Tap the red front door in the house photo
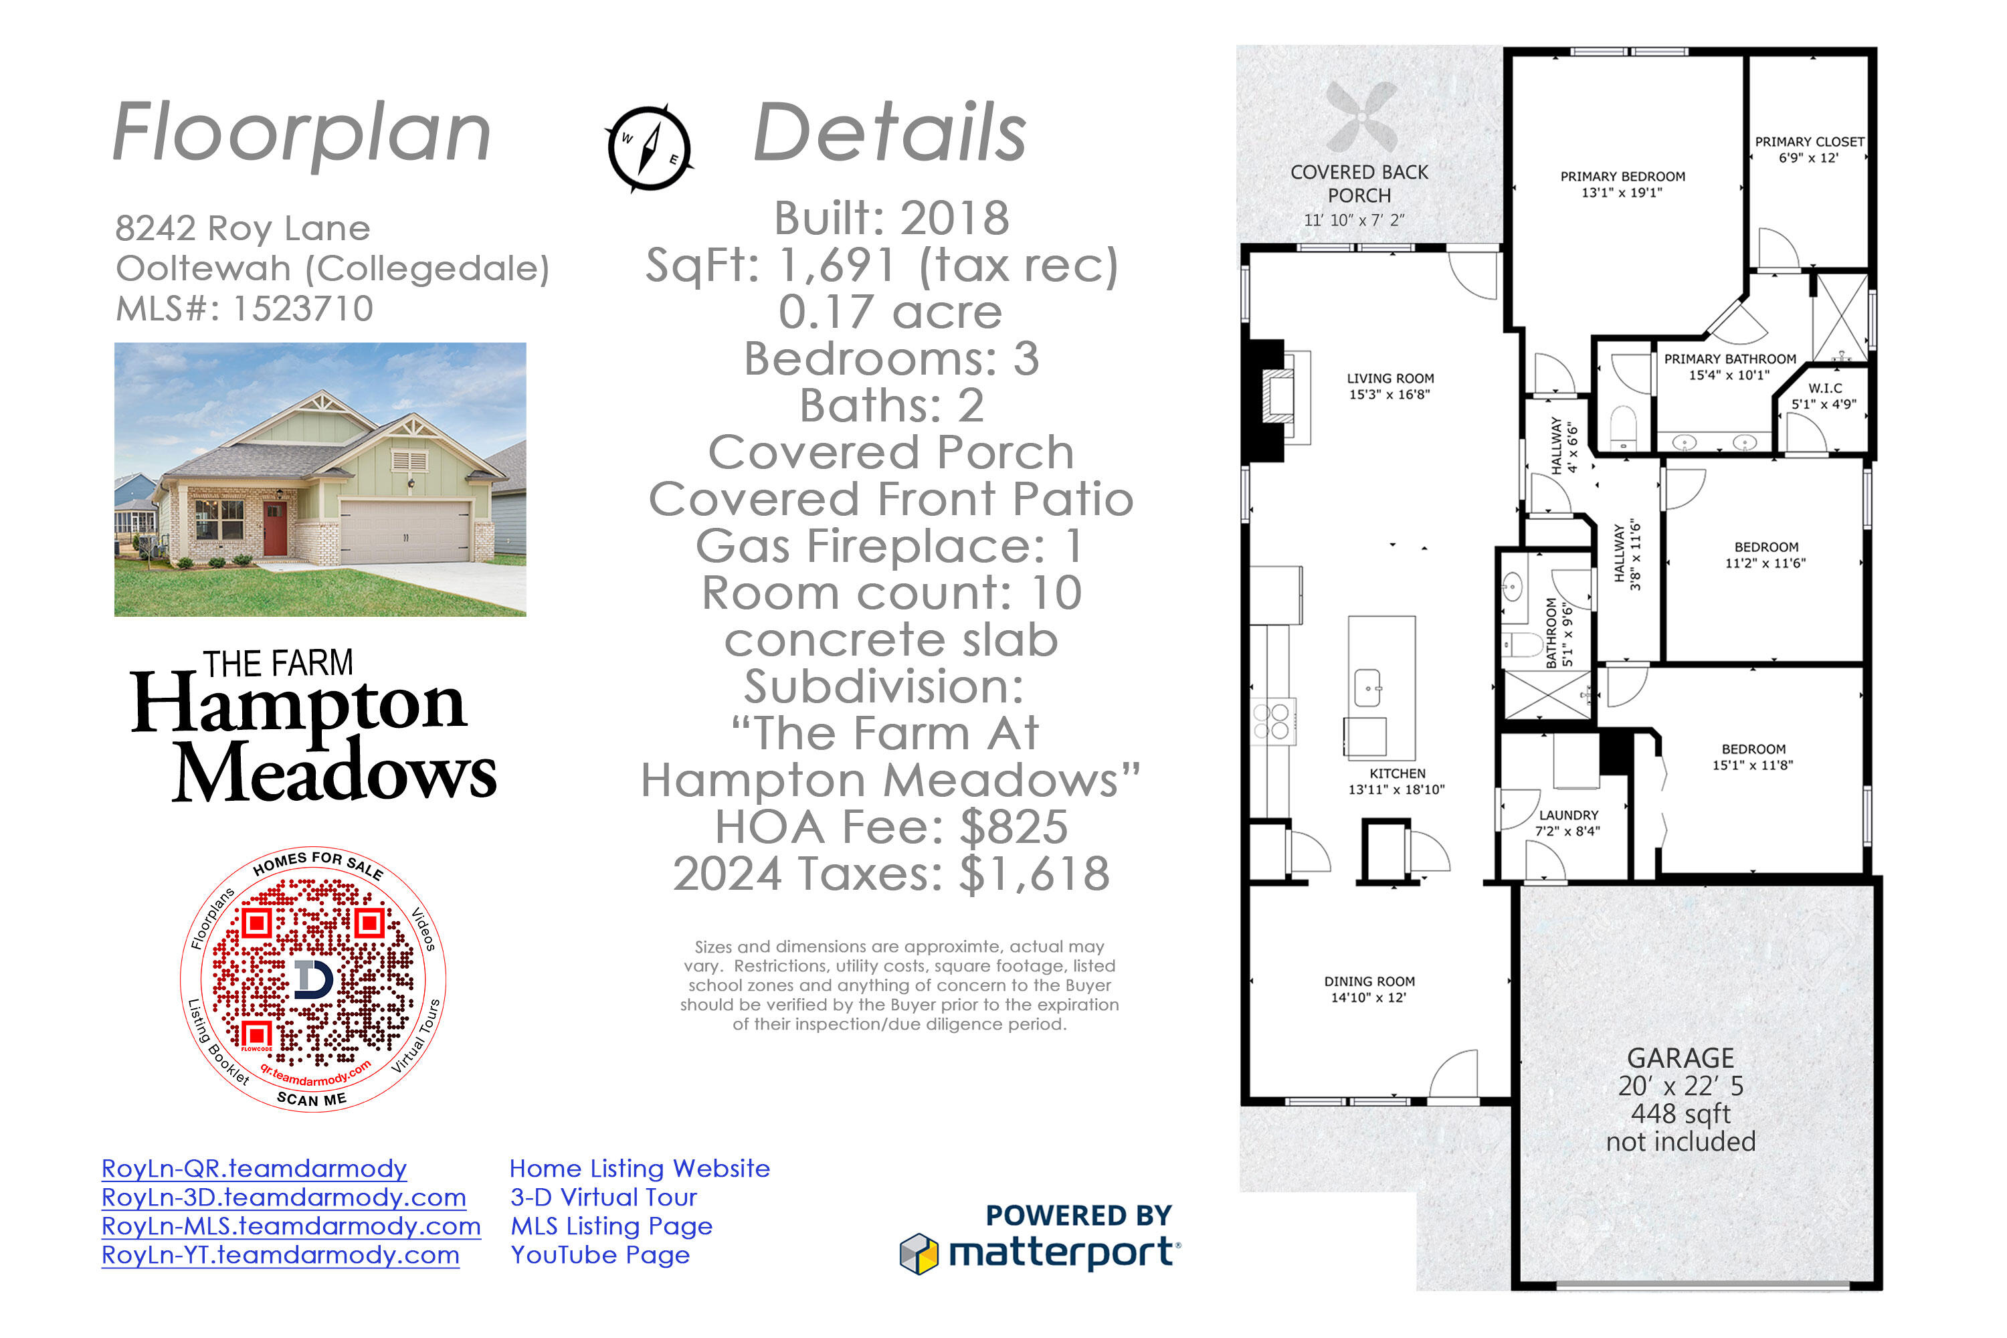(275, 529)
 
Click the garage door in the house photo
(405, 531)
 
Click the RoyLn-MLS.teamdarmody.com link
(291, 1226)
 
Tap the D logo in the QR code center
(313, 978)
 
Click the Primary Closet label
(1809, 149)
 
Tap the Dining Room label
(1369, 989)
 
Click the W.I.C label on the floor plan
(1824, 396)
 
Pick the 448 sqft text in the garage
(1680, 1114)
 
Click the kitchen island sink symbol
(1368, 687)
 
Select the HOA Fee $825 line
(891, 826)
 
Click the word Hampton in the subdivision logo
(298, 704)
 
